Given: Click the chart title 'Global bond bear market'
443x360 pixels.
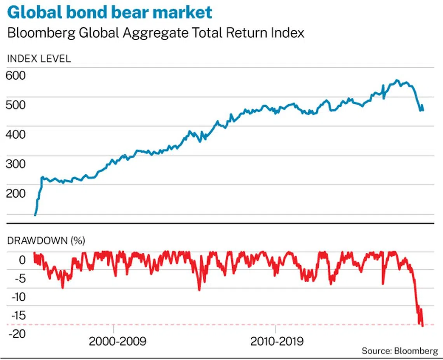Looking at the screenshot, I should [x=110, y=13].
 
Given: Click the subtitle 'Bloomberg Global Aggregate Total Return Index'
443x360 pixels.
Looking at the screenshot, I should [x=155, y=33].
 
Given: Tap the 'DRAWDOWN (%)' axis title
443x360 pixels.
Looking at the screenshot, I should [x=46, y=241].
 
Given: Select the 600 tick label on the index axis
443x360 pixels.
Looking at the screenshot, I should [x=16, y=75].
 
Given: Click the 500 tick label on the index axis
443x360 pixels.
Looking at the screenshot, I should [x=16, y=105].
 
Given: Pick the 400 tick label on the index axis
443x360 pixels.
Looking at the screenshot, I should [x=16, y=135].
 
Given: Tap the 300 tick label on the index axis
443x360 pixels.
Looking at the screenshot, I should [x=16, y=164].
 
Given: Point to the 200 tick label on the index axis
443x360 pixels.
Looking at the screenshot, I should [x=16, y=194].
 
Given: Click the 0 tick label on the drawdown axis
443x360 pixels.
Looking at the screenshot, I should [x=22, y=259].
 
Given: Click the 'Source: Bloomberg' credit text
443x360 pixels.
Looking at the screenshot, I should [x=400, y=351].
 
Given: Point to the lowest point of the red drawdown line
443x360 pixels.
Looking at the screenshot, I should [x=422, y=326].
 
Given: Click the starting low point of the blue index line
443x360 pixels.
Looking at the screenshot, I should [x=35, y=215].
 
